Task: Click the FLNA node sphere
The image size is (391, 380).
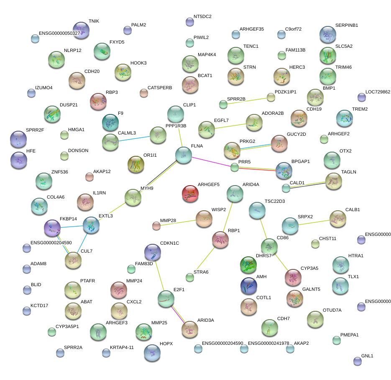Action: tap(183, 155)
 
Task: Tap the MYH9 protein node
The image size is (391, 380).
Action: tap(133, 197)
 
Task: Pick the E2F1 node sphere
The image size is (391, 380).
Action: tap(166, 298)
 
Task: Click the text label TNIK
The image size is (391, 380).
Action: tap(94, 21)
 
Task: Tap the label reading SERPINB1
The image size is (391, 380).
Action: tap(347, 25)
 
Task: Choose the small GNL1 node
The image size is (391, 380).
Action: tap(357, 361)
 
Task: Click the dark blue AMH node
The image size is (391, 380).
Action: tap(249, 285)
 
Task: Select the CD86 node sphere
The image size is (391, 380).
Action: tap(269, 247)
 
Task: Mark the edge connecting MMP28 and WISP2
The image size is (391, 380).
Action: tap(177, 222)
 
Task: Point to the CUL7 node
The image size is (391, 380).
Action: tap(73, 260)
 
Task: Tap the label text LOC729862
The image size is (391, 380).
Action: tap(378, 92)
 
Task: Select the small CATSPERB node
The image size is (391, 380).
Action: tap(144, 93)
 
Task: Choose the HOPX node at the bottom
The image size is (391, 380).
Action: tap(152, 352)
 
